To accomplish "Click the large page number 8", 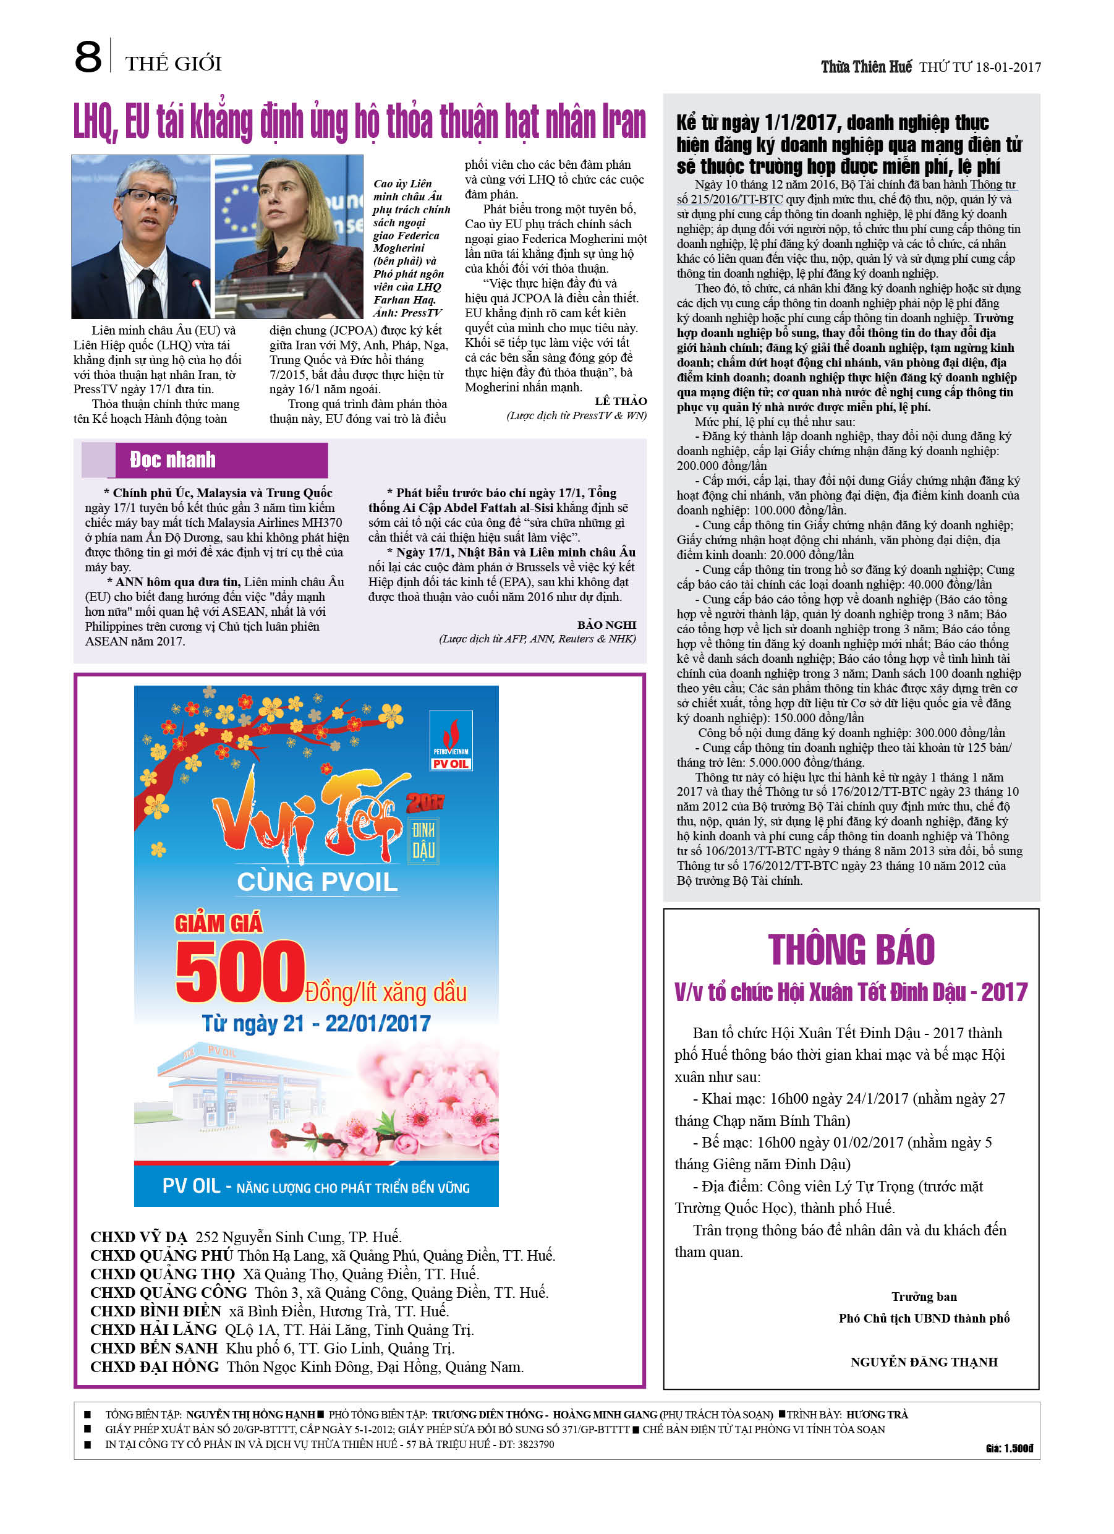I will (88, 57).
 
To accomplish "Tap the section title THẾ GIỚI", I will (173, 64).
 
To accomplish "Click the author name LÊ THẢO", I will (620, 401).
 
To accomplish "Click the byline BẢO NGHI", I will (606, 624).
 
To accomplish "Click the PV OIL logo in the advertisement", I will (451, 741).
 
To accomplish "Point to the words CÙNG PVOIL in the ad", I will (317, 882).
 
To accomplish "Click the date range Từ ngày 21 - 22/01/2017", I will (316, 1023).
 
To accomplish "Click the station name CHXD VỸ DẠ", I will (138, 1237).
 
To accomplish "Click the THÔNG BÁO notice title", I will (851, 950).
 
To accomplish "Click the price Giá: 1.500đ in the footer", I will (1008, 1448).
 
